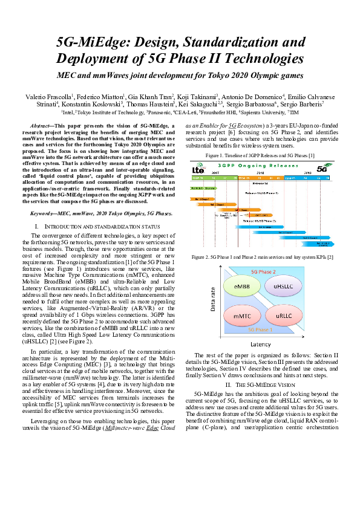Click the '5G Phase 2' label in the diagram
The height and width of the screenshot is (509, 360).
[x=263, y=272]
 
